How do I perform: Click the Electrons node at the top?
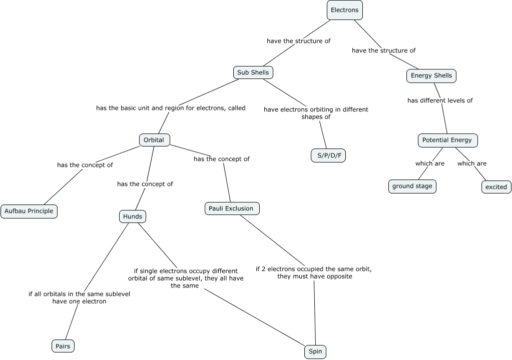pyautogui.click(x=344, y=10)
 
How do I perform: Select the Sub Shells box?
pyautogui.click(x=253, y=72)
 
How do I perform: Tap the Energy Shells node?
pyautogui.click(x=431, y=76)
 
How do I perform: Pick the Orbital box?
pyautogui.click(x=154, y=140)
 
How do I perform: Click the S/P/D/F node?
pyautogui.click(x=328, y=155)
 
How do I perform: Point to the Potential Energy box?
pyautogui.click(x=447, y=140)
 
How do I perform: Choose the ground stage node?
pyautogui.click(x=412, y=186)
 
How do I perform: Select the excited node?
pyautogui.click(x=496, y=187)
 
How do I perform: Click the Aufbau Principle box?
pyautogui.click(x=29, y=211)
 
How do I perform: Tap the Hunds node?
pyautogui.click(x=133, y=216)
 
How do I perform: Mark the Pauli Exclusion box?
pyautogui.click(x=232, y=208)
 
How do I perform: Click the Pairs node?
pyautogui.click(x=63, y=346)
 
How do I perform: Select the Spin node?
pyautogui.click(x=315, y=352)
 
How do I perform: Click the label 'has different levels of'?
pyautogui.click(x=440, y=100)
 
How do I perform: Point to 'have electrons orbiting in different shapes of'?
pyautogui.click(x=316, y=113)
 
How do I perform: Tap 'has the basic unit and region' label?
pyautogui.click(x=171, y=108)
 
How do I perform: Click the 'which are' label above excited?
pyautogui.click(x=471, y=163)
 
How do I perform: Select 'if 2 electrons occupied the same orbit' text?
pyautogui.click(x=314, y=272)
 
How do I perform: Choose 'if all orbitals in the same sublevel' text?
pyautogui.click(x=79, y=297)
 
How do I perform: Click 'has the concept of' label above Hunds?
pyautogui.click(x=145, y=184)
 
